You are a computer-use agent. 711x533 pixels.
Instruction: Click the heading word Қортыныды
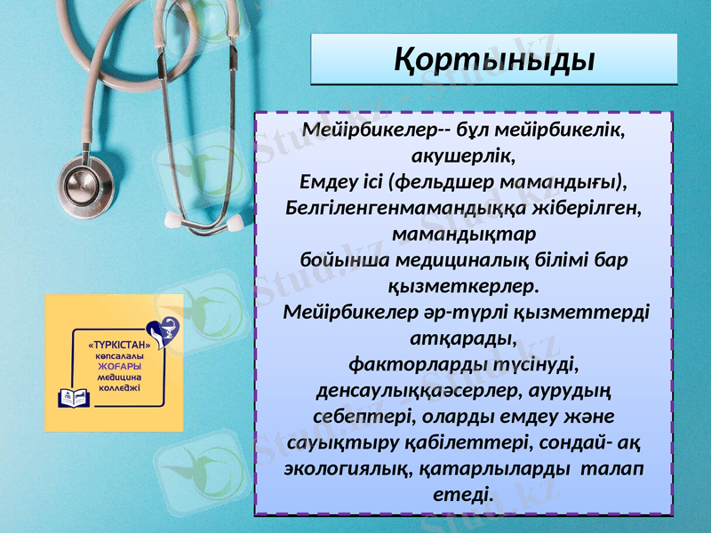(x=494, y=60)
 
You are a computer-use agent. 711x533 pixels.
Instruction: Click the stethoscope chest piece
(x=87, y=181)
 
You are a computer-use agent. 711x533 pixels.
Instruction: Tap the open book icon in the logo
(x=72, y=396)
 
